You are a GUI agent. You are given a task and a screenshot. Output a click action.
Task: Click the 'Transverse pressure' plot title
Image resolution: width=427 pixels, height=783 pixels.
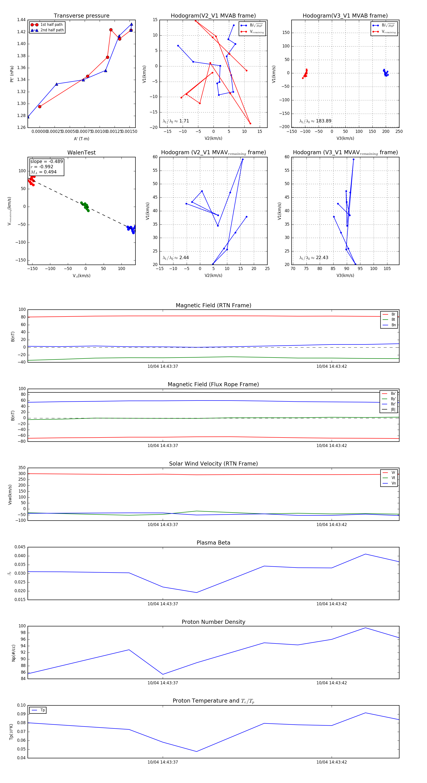(81, 16)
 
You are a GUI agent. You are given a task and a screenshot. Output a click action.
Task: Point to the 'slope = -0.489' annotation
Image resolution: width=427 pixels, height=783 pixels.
(46, 161)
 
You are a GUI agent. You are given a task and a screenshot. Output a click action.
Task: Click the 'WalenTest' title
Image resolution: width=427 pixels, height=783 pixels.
(81, 153)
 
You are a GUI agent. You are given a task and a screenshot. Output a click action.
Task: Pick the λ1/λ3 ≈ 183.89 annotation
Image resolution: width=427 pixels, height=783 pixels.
(315, 121)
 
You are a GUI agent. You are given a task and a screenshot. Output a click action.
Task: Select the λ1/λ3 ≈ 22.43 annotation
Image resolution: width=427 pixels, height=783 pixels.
(314, 258)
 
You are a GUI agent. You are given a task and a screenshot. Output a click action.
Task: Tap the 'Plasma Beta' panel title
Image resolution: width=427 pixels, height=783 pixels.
(213, 543)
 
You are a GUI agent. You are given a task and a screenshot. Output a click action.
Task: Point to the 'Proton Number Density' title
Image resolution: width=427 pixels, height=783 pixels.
(213, 622)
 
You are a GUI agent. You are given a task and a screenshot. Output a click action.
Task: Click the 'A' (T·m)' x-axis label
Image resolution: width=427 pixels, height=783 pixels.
(81, 139)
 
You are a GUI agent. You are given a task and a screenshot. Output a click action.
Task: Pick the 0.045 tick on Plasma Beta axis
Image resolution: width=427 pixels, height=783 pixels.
(20, 547)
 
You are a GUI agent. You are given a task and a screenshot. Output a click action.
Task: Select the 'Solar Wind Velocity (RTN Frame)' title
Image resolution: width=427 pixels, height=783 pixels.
(213, 464)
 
